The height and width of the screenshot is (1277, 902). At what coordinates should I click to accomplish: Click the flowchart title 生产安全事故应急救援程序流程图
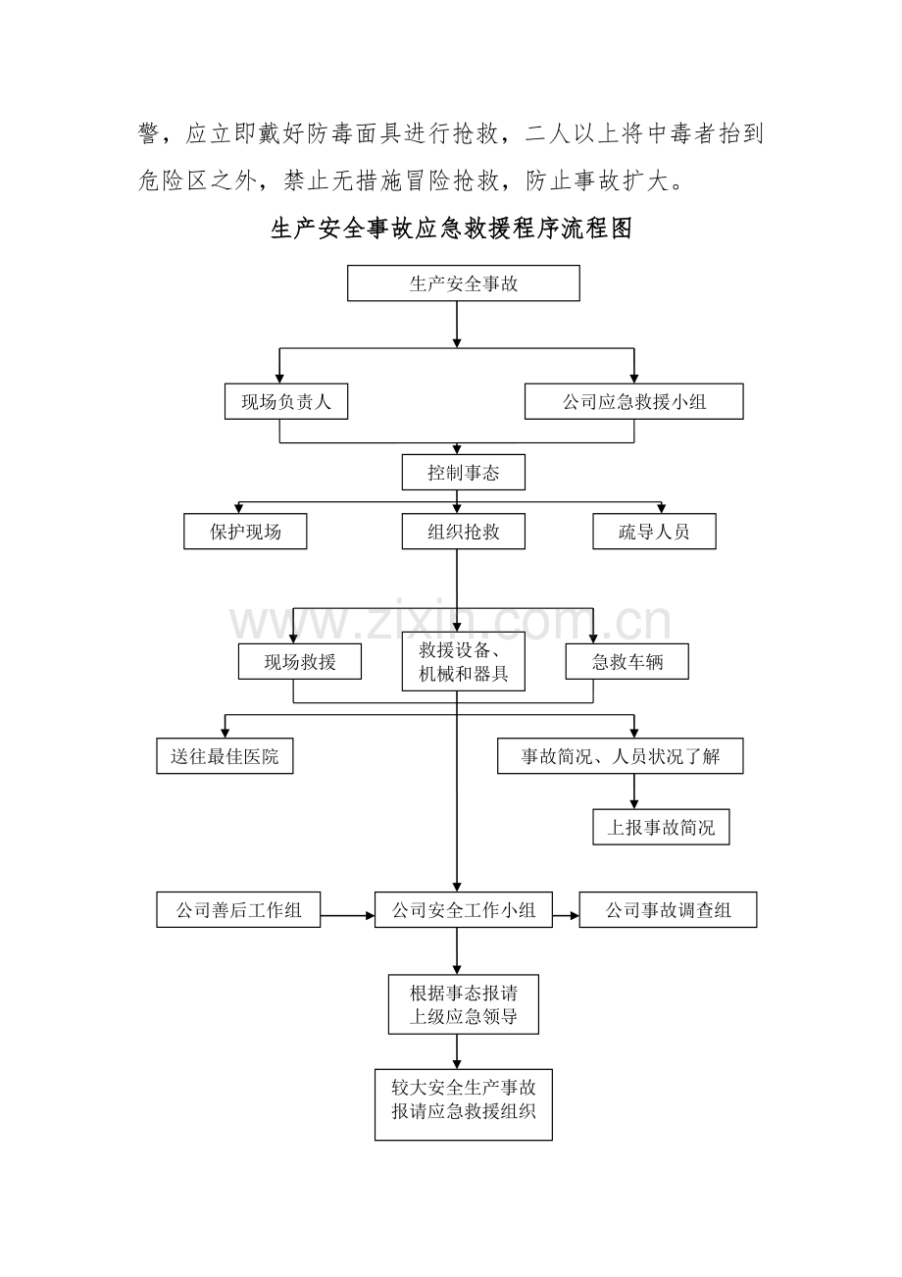[451, 229]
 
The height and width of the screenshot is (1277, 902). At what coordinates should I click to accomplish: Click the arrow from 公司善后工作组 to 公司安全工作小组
[348, 916]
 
